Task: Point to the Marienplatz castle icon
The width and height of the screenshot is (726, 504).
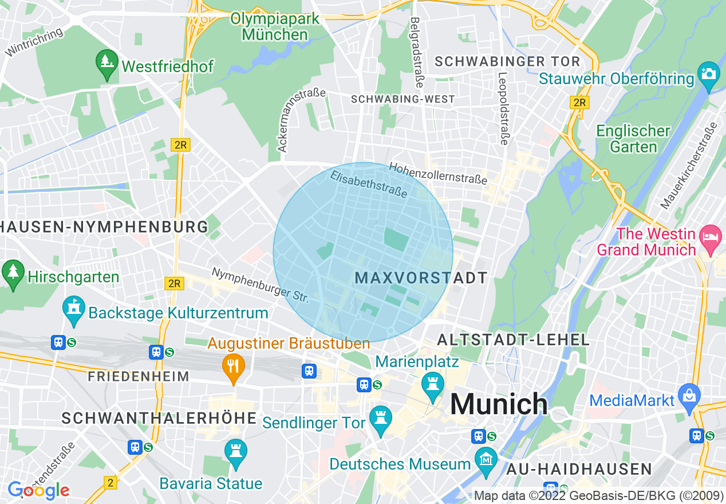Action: click(x=433, y=383)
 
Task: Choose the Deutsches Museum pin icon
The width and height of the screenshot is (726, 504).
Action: click(x=486, y=460)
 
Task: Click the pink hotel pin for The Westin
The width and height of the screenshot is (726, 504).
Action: click(x=711, y=238)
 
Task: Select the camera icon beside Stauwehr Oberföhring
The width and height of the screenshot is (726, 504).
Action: click(x=708, y=75)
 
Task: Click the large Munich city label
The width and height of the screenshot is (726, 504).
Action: click(x=499, y=404)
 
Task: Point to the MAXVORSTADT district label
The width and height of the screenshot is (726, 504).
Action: click(x=421, y=278)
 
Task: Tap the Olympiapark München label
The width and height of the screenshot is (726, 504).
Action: click(x=275, y=26)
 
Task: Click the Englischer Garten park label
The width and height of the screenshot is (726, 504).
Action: click(x=633, y=139)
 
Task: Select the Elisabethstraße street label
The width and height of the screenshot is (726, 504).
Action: click(x=369, y=184)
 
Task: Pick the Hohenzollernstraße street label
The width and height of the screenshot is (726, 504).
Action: click(x=438, y=174)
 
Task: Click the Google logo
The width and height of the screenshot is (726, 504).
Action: click(x=38, y=490)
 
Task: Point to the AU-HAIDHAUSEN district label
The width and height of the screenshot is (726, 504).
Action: click(x=579, y=469)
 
